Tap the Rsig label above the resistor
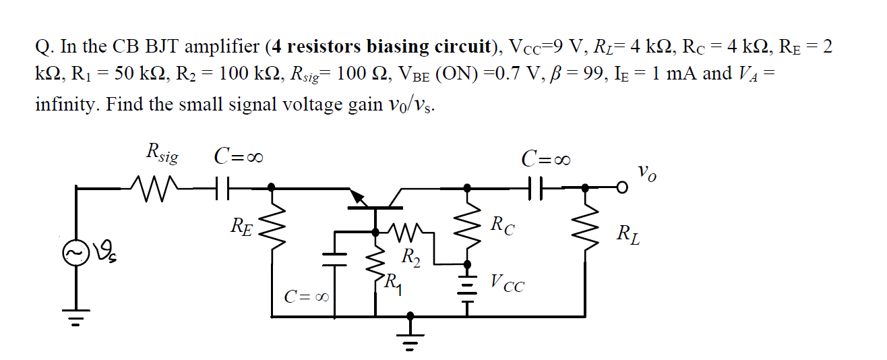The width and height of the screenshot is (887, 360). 162,155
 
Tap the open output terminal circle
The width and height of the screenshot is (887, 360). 624,187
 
